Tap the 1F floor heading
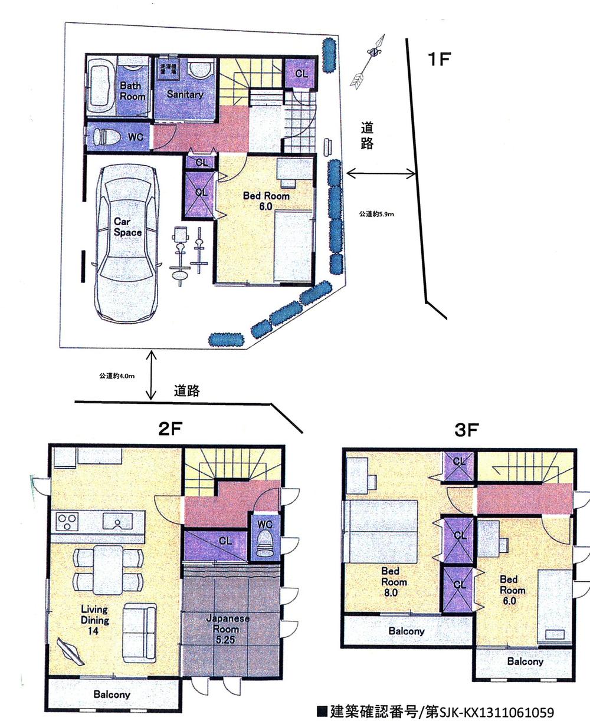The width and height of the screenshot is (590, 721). click(440, 60)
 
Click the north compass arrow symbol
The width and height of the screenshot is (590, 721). click(368, 62)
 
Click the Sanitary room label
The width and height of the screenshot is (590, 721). click(184, 94)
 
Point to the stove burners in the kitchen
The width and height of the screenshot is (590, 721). click(67, 522)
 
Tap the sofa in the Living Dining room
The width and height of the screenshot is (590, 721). click(139, 626)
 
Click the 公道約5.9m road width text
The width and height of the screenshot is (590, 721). click(376, 214)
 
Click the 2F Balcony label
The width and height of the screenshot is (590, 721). click(112, 694)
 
